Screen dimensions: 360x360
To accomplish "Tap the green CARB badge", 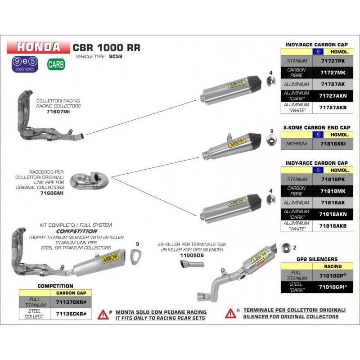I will pyautogui.click(x=56, y=64).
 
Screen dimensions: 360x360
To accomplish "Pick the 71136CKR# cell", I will pyautogui.click(x=71, y=313).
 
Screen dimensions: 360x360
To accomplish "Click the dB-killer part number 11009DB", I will pyautogui.click(x=192, y=255).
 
